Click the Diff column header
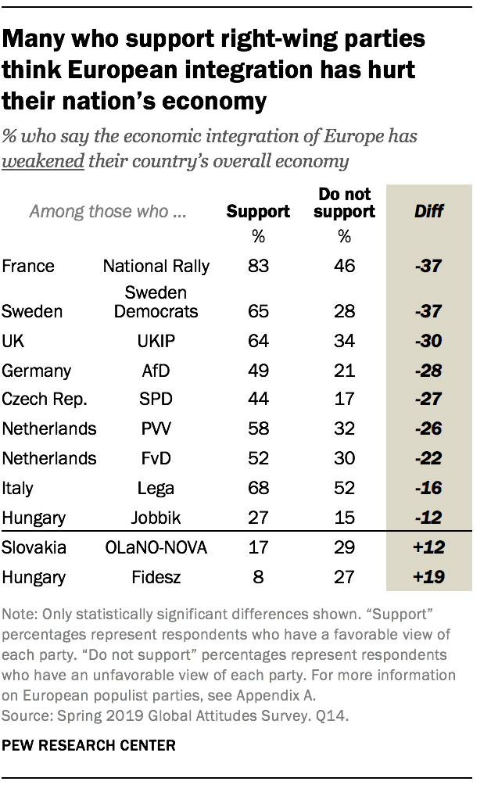coord(428,211)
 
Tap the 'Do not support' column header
coord(344,203)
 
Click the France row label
coord(28,266)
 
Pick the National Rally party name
coord(156,266)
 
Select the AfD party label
coord(156,371)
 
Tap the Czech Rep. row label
coord(45,399)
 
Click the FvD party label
coord(156,458)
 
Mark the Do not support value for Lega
coord(344,488)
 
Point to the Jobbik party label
coord(156,517)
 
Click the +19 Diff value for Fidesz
coord(428,578)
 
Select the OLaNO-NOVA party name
coord(156,548)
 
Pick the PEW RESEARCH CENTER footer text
coord(88,746)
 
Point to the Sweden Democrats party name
coord(156,302)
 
